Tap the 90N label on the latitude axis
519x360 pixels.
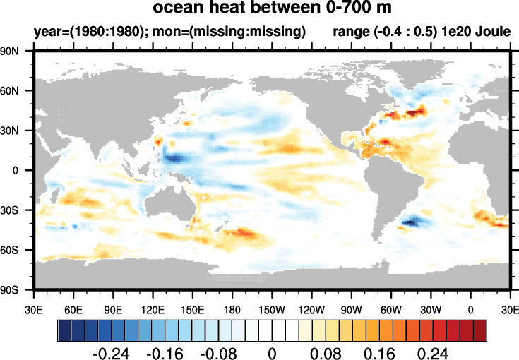coord(16,52)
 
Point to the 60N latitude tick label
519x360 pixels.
coord(16,91)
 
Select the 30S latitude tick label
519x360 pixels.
coord(16,210)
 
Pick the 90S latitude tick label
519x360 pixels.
coord(16,289)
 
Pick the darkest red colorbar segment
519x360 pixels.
coord(479,329)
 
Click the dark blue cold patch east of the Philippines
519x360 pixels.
coord(172,153)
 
